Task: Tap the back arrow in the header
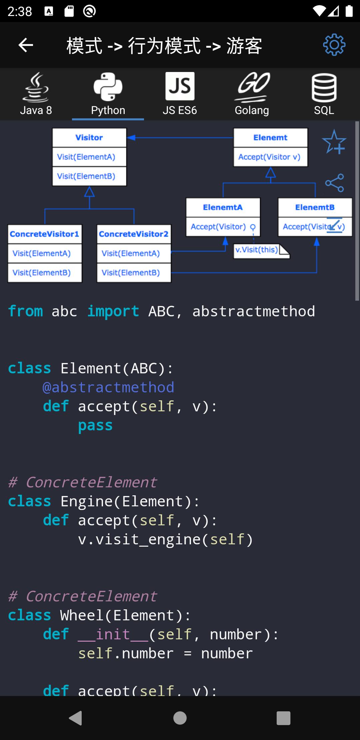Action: click(x=26, y=45)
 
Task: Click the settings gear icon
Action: click(x=334, y=45)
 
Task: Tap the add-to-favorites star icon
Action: click(x=334, y=142)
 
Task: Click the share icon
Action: click(x=334, y=183)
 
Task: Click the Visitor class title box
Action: click(x=89, y=137)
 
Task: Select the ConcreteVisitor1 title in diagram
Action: click(x=44, y=234)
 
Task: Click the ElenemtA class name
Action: click(x=223, y=207)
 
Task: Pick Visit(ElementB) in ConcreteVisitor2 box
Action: click(x=131, y=273)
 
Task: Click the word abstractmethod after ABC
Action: click(x=253, y=311)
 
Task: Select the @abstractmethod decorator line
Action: click(x=108, y=387)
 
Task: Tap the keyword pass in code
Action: click(x=95, y=425)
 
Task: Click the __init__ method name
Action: click(x=113, y=634)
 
